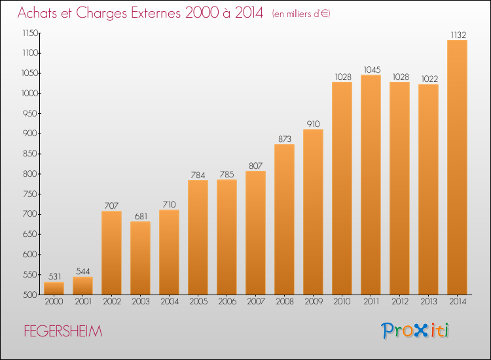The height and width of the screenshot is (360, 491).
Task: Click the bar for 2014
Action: click(457, 167)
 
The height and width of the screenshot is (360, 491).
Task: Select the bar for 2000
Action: click(54, 288)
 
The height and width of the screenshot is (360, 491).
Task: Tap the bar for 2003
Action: click(140, 258)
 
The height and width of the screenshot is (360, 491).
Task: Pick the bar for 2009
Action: click(313, 212)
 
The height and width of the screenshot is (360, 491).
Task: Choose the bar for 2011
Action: click(371, 185)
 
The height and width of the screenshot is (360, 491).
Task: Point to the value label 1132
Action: click(458, 35)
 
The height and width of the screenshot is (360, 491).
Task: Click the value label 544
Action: click(83, 271)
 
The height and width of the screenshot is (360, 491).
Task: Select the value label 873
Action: click(285, 139)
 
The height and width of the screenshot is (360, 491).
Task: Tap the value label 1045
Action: click(372, 69)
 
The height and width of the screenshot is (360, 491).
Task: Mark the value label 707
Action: click(111, 206)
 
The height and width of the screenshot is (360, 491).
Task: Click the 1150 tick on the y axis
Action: click(30, 33)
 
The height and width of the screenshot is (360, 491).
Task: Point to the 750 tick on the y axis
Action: click(30, 194)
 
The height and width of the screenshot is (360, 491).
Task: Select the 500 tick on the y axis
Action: click(30, 295)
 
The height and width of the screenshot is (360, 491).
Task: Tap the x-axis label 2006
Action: click(227, 302)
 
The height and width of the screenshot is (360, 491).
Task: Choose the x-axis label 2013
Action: click(428, 302)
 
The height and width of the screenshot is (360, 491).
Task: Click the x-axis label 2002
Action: click(112, 302)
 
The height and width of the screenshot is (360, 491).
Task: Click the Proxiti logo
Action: click(415, 331)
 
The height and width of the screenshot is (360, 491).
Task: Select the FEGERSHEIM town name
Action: click(63, 331)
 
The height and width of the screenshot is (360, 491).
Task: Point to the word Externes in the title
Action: click(156, 12)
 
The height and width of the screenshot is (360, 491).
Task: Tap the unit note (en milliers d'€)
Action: click(301, 14)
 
